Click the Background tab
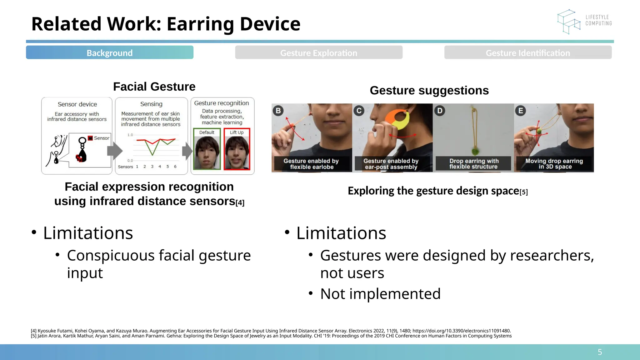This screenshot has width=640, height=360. (x=109, y=52)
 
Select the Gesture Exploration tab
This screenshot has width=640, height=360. (x=318, y=52)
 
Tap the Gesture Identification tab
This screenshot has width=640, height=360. (x=528, y=52)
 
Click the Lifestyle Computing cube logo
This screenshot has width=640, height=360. (x=568, y=22)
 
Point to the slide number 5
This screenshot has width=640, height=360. (x=600, y=352)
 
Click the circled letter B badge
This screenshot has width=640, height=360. (x=278, y=111)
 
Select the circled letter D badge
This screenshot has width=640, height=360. (x=440, y=111)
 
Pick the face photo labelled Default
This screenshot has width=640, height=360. (x=207, y=152)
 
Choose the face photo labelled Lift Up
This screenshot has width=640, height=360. (x=237, y=152)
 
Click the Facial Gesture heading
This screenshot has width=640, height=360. (x=154, y=87)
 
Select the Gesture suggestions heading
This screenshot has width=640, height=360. (x=429, y=90)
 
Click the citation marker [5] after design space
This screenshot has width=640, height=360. (x=524, y=192)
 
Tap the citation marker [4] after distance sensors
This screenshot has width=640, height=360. (x=240, y=203)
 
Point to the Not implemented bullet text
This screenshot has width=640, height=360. (x=380, y=294)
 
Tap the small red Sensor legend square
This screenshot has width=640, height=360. (x=90, y=138)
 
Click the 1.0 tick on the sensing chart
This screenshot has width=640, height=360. (x=130, y=135)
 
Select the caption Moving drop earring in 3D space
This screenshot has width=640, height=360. (x=554, y=164)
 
